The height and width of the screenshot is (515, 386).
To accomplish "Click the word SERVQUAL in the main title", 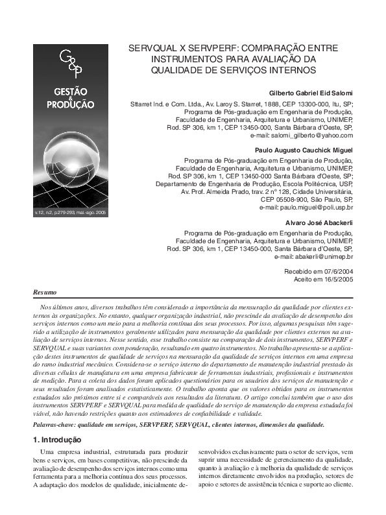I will (x=155, y=49).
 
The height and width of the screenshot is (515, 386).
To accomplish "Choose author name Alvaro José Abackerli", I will (x=319, y=223).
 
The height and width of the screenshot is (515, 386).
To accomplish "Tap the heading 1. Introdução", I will (x=60, y=440).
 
